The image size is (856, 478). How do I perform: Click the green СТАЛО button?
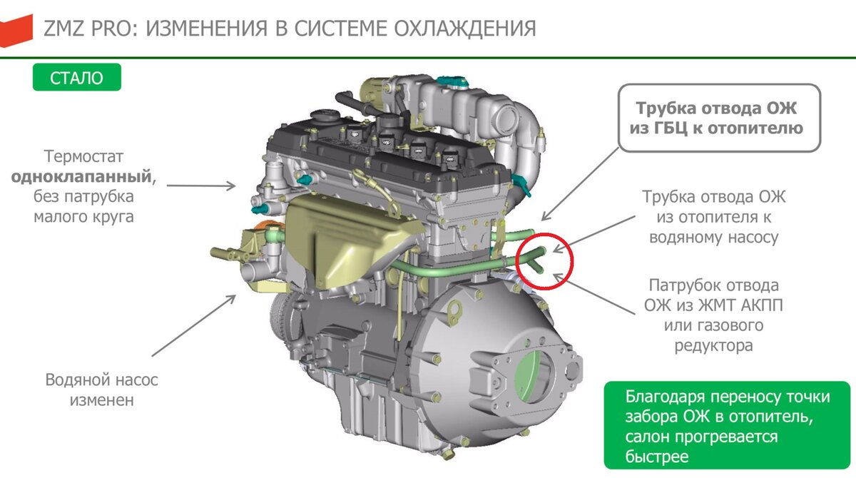(76, 78)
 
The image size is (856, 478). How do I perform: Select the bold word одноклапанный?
(81, 176)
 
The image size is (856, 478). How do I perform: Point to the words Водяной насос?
(101, 380)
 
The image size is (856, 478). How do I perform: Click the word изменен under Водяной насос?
(101, 400)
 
